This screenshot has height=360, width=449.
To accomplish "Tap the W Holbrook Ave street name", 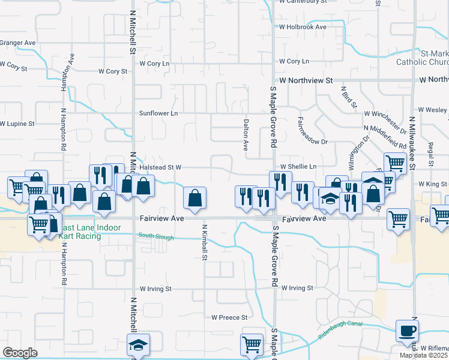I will [303, 27].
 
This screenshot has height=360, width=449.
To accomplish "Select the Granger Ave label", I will [18, 43].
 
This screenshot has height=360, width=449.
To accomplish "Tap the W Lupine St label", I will [17, 124].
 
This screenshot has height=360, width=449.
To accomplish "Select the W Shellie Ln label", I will [298, 166].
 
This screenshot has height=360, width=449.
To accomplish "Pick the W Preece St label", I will [229, 317].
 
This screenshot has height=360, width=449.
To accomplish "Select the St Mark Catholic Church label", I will [423, 58].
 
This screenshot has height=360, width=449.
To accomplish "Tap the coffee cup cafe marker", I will [408, 330].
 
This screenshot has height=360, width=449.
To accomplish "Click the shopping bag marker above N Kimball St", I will [194, 198].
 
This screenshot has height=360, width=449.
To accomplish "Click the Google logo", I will [19, 353].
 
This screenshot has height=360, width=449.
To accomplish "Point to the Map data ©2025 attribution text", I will [424, 355].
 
